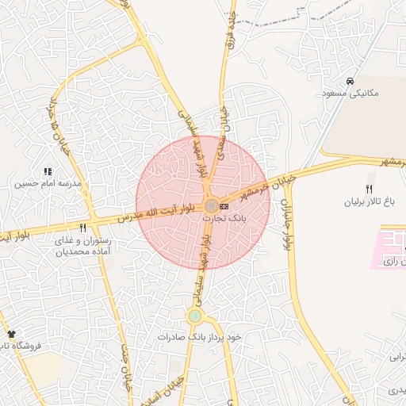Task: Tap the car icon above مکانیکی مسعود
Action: pos(350,82)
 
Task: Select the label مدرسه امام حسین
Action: pos(47,183)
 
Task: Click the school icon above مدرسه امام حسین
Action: pos(48,171)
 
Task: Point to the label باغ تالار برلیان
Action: pos(369,201)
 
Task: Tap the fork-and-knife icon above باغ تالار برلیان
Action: pos(369,189)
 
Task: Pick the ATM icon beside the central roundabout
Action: pos(224,206)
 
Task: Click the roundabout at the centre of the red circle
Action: pos(210,206)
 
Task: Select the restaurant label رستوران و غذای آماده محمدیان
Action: pos(83,246)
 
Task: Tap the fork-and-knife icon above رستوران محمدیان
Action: pos(82,228)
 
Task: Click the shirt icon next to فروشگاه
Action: pos(11,335)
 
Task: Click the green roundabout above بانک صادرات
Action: pos(194,317)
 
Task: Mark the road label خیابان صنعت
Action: pos(125,366)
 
